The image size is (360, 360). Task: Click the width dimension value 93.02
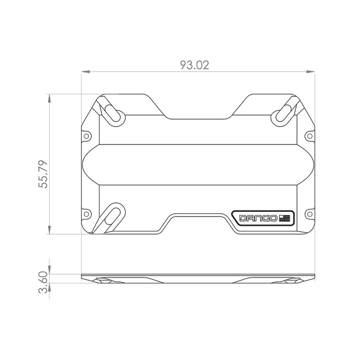point(195,65)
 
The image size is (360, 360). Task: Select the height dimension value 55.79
point(44,173)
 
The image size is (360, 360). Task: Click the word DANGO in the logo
point(257,218)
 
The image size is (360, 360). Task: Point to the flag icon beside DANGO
point(285,218)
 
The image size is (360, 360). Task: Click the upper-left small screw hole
point(86,136)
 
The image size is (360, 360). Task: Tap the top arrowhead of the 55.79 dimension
point(49,97)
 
